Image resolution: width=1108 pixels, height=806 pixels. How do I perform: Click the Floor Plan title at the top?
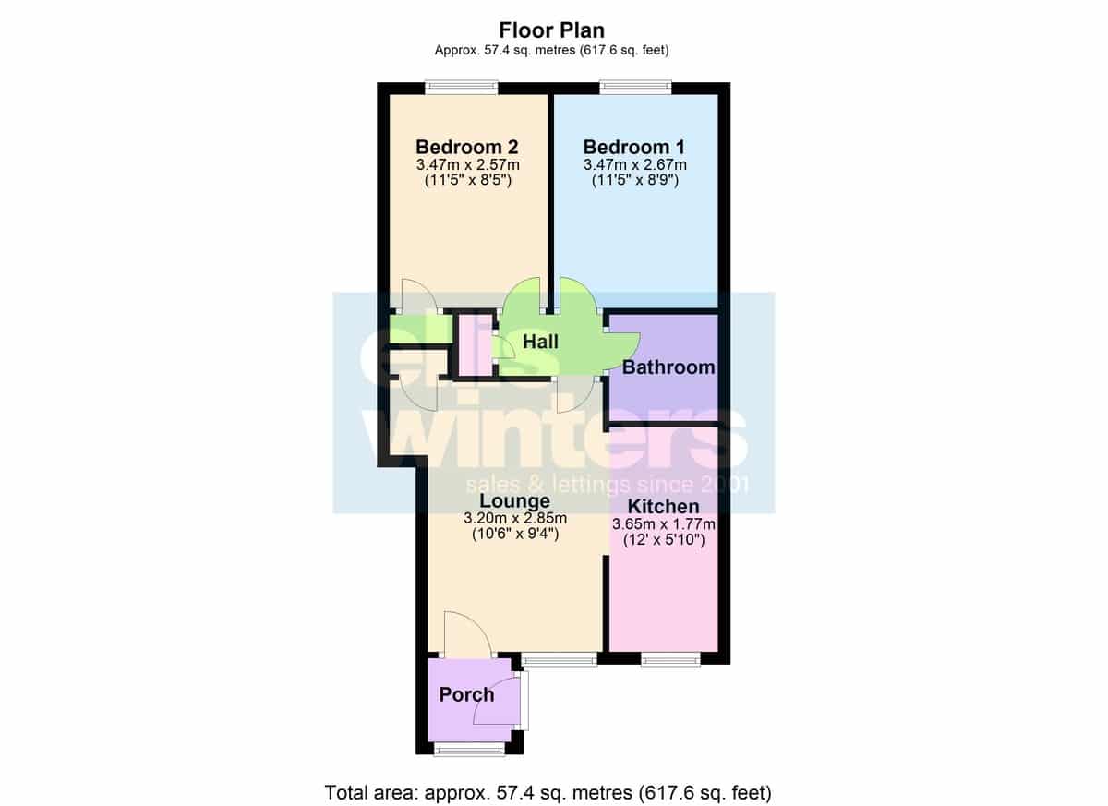(x=551, y=30)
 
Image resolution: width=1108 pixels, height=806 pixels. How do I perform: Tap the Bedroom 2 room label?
(x=467, y=147)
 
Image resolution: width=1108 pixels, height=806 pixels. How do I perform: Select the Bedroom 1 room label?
(x=634, y=147)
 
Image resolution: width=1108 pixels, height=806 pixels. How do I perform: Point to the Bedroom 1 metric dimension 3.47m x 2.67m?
(x=635, y=164)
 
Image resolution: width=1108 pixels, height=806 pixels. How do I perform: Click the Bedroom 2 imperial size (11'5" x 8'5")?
(x=468, y=180)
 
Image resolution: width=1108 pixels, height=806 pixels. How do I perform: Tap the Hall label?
(x=541, y=342)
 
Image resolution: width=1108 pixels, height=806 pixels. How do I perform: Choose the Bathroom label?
(x=668, y=367)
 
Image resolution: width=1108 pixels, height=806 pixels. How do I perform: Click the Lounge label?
(x=515, y=501)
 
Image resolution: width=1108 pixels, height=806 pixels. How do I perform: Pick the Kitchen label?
(x=663, y=507)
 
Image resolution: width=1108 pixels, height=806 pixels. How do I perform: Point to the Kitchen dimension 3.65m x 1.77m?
(x=664, y=524)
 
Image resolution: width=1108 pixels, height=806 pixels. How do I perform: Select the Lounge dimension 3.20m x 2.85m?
(x=515, y=518)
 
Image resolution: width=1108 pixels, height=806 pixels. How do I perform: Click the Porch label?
(x=466, y=694)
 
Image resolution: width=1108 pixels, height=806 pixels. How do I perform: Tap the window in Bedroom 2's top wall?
(x=462, y=88)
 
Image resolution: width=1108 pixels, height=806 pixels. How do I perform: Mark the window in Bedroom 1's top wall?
(x=635, y=88)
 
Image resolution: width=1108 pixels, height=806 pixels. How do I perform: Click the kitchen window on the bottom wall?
(x=670, y=659)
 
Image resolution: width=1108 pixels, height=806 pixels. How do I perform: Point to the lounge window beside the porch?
(x=560, y=659)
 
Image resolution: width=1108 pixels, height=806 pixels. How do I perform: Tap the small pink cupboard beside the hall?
(x=475, y=345)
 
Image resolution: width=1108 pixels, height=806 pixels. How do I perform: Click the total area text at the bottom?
(x=548, y=793)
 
